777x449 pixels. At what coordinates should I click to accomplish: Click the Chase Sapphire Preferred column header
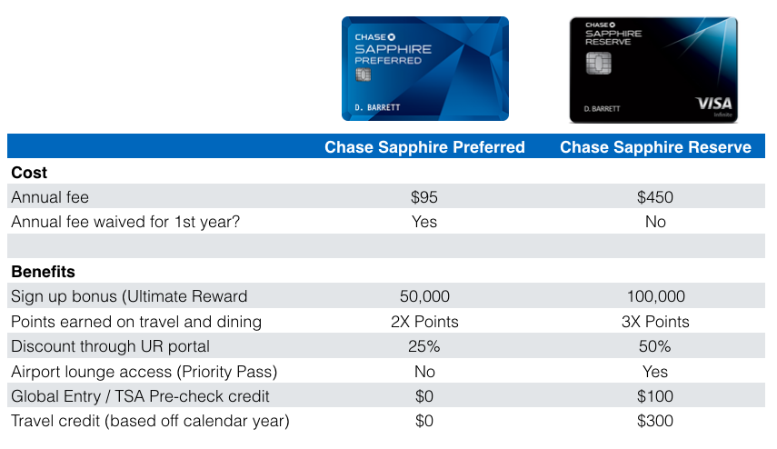pyautogui.click(x=424, y=147)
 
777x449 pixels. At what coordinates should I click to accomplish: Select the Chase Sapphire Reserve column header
pyautogui.click(x=655, y=147)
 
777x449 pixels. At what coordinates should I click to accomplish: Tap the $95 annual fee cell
pyautogui.click(x=424, y=197)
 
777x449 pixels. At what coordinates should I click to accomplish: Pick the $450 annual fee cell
pyautogui.click(x=655, y=197)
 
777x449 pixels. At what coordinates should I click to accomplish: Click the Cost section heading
pyautogui.click(x=29, y=173)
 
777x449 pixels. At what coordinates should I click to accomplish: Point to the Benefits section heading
pyautogui.click(x=43, y=272)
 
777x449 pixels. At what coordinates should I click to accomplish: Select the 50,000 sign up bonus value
pyautogui.click(x=424, y=296)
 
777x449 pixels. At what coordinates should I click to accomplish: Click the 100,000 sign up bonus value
pyautogui.click(x=655, y=296)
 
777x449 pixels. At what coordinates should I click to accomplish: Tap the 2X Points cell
pyautogui.click(x=424, y=322)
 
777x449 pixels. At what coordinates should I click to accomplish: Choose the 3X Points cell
pyautogui.click(x=655, y=322)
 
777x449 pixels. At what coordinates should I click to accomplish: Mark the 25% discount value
pyautogui.click(x=424, y=346)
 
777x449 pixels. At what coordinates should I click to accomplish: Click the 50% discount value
pyautogui.click(x=654, y=346)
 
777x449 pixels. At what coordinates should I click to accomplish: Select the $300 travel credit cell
pyautogui.click(x=655, y=421)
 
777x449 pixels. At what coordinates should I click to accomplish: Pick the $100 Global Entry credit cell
pyautogui.click(x=655, y=396)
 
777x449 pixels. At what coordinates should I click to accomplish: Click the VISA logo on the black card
pyautogui.click(x=713, y=104)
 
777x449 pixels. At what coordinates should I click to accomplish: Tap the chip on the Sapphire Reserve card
pyautogui.click(x=599, y=63)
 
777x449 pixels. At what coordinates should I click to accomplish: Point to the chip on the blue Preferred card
pyautogui.click(x=364, y=75)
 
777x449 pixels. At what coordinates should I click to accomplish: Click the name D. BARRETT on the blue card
pyautogui.click(x=377, y=107)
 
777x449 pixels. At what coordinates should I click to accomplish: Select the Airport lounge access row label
pyautogui.click(x=144, y=372)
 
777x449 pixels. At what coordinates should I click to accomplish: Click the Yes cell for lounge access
pyautogui.click(x=655, y=372)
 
